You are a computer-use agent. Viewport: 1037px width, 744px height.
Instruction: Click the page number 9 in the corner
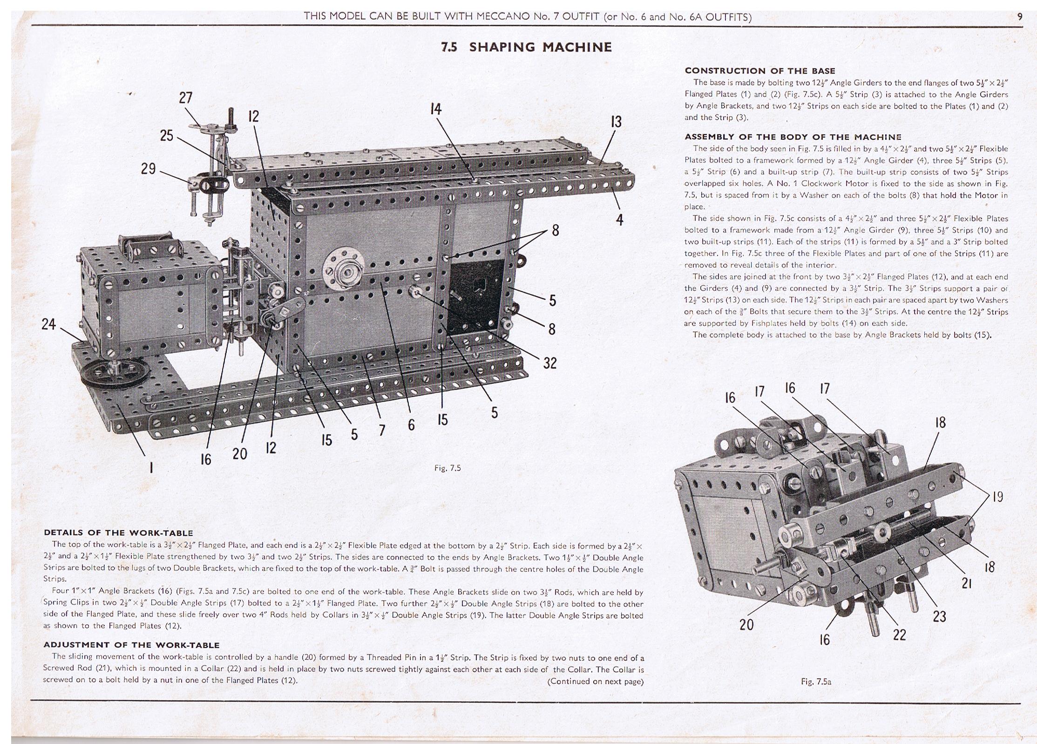[x=1020, y=17]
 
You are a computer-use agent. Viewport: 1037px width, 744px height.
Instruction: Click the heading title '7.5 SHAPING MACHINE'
[x=526, y=47]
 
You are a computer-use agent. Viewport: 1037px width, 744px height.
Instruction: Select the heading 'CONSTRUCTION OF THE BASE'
[x=759, y=71]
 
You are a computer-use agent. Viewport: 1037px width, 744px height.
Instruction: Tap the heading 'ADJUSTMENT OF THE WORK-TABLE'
[x=131, y=645]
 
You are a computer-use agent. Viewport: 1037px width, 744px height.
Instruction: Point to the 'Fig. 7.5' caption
[x=447, y=468]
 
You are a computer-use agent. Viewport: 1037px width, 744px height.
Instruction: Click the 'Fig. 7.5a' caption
[x=816, y=682]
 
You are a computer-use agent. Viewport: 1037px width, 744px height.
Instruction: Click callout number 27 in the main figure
[x=185, y=98]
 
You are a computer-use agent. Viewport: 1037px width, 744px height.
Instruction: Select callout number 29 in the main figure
[x=148, y=168]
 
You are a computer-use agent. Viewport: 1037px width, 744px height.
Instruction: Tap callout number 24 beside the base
[x=48, y=324]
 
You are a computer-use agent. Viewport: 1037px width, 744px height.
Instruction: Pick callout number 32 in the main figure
[x=549, y=362]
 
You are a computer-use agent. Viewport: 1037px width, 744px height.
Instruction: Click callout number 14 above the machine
[x=435, y=109]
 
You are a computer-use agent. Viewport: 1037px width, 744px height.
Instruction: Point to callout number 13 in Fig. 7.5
[x=616, y=122]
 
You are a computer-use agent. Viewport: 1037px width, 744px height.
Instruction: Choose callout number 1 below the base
[x=151, y=466]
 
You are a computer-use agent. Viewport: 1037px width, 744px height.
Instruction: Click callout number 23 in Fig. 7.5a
[x=939, y=616]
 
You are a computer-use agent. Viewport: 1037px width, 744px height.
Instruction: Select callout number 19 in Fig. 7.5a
[x=997, y=497]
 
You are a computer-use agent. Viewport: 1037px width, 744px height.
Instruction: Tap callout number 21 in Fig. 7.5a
[x=966, y=583]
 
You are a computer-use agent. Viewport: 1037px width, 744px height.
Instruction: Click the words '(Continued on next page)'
[x=595, y=681]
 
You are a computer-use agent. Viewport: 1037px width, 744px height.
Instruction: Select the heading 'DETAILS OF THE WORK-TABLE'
[x=118, y=532]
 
